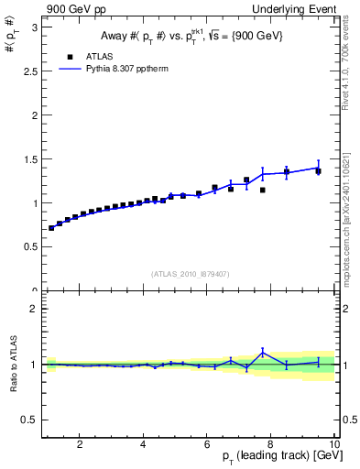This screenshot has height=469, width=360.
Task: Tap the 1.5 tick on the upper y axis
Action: (x=32, y=159)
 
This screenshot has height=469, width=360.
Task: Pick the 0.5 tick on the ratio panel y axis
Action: (x=32, y=420)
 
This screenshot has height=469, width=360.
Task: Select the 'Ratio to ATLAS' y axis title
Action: (x=12, y=364)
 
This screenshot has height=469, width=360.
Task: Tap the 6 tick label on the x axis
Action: (x=207, y=444)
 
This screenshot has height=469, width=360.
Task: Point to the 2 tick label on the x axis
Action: (x=81, y=444)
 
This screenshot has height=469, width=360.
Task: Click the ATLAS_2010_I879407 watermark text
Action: (x=190, y=273)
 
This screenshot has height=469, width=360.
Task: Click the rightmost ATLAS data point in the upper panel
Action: (x=318, y=171)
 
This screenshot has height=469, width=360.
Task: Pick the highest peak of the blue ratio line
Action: (x=263, y=352)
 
